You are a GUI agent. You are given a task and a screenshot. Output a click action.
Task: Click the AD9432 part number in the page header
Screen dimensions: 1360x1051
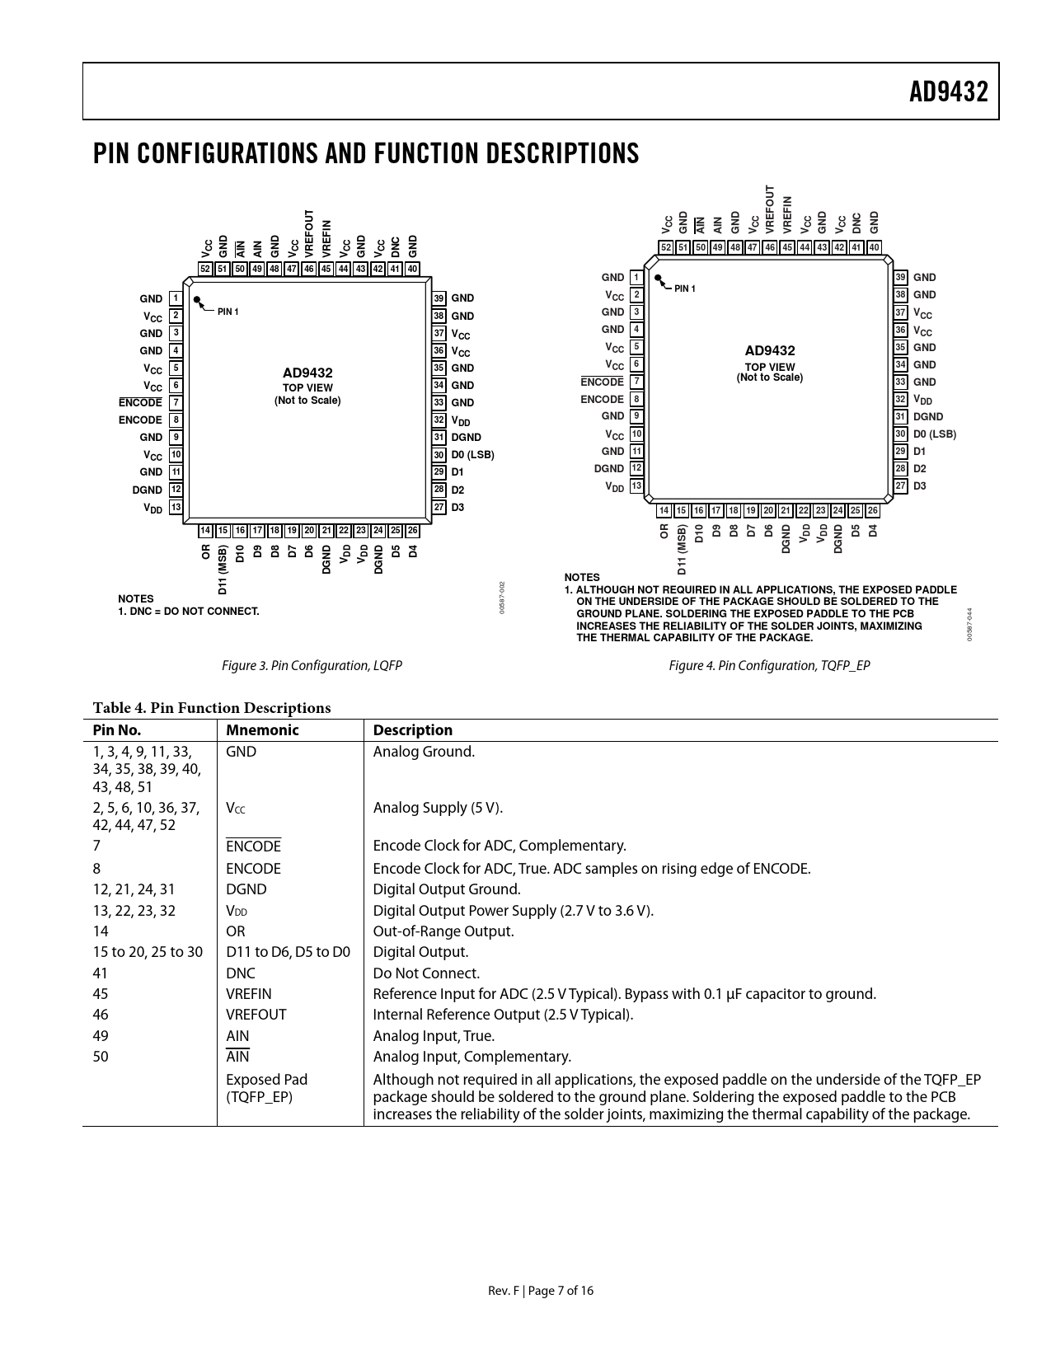tap(948, 92)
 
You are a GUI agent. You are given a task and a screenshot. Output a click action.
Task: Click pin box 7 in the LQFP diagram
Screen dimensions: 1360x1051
tap(176, 403)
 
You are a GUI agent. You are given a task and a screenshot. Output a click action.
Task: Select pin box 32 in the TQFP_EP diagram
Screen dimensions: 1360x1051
tap(901, 399)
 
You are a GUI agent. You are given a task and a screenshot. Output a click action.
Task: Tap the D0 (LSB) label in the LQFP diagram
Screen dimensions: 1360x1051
tap(472, 455)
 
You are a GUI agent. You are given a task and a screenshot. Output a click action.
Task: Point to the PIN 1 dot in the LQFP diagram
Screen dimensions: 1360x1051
tap(197, 301)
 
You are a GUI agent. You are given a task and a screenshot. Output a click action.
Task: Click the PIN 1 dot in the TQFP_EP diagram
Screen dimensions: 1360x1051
tap(659, 279)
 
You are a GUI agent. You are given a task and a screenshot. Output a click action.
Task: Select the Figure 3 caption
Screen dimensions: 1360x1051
tap(312, 665)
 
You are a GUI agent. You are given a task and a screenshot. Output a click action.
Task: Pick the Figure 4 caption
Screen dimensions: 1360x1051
tap(769, 665)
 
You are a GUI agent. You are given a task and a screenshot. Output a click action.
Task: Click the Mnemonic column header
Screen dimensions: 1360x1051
tap(262, 730)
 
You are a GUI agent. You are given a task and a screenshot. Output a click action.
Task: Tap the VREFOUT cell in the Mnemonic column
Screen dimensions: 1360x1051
tap(256, 1015)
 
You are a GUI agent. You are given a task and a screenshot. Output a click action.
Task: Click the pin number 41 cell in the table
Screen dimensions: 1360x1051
tap(101, 973)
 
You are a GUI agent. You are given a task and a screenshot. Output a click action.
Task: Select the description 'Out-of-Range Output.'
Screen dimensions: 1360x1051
tap(443, 931)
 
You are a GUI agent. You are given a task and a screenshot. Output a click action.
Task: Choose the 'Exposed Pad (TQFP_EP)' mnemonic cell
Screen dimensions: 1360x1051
tap(266, 1088)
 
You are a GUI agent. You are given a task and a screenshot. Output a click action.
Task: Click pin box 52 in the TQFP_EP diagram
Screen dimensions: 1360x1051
tap(666, 247)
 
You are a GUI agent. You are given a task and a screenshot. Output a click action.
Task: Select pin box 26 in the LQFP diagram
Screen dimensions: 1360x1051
tap(413, 531)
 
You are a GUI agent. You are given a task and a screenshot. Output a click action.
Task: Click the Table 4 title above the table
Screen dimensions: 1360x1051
tap(212, 708)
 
